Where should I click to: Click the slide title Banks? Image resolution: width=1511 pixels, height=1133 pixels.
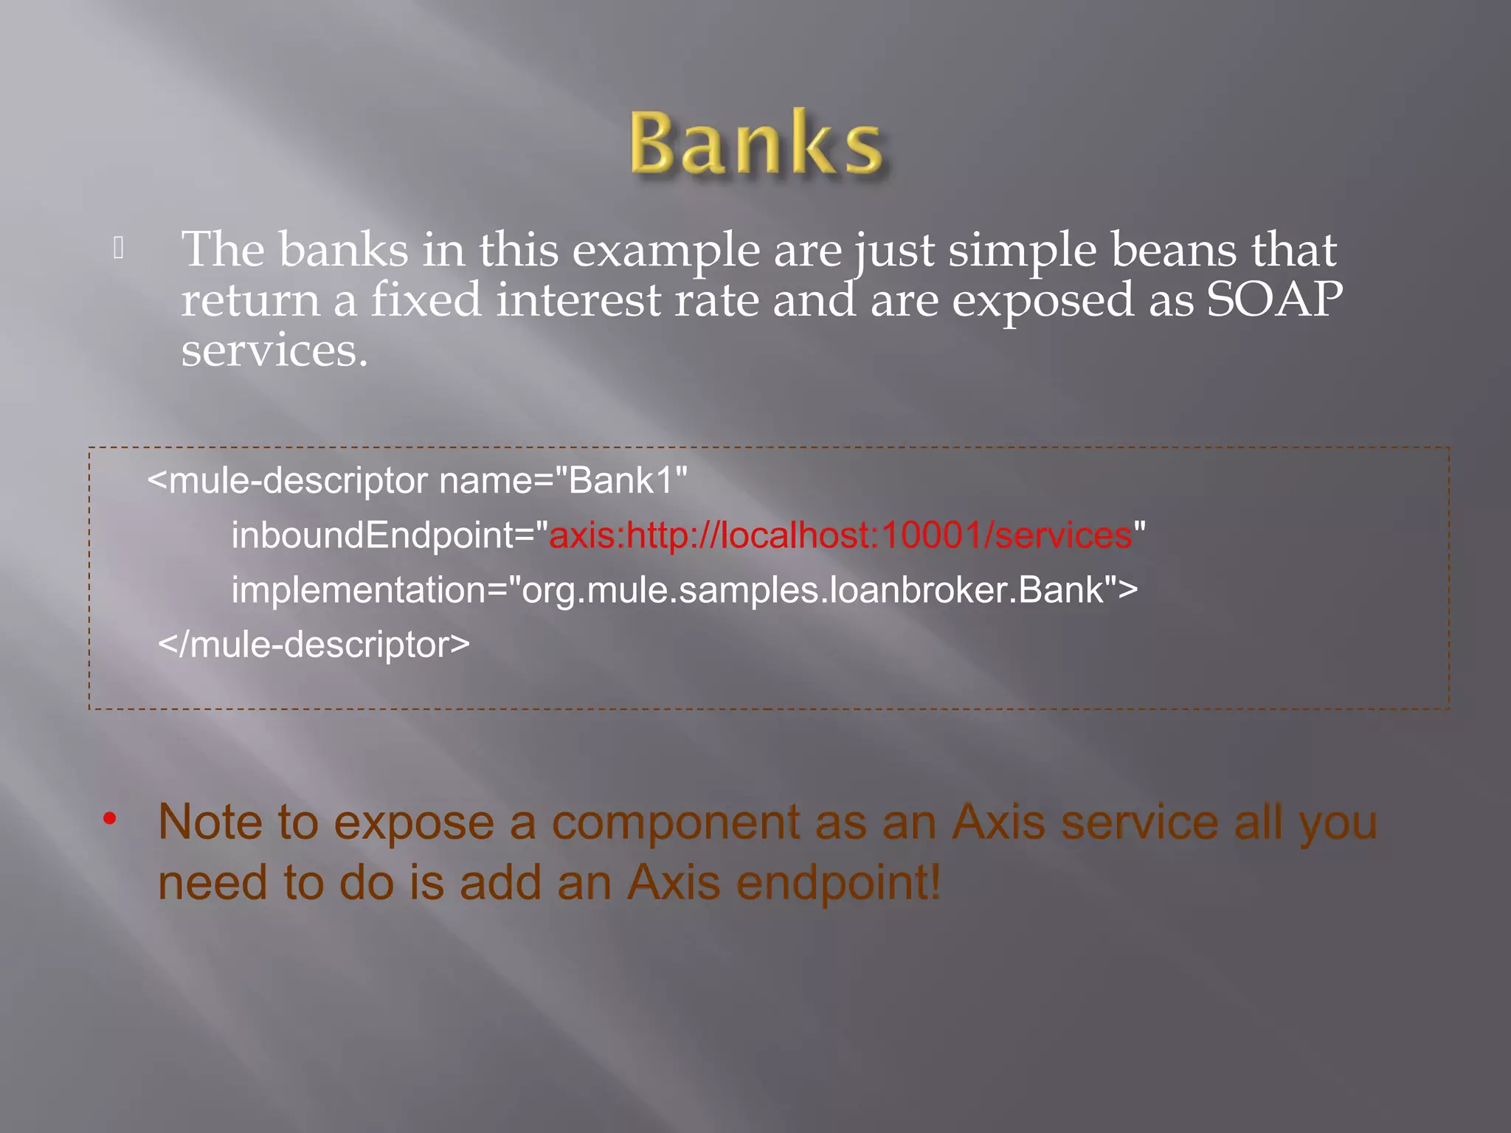click(x=755, y=144)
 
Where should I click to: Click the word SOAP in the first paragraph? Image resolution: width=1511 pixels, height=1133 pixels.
click(x=1274, y=300)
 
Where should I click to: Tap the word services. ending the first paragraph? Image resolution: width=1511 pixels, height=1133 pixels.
click(x=274, y=350)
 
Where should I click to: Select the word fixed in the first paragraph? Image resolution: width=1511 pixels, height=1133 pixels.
click(x=426, y=300)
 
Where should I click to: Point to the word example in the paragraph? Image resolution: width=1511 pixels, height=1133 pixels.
click(x=665, y=251)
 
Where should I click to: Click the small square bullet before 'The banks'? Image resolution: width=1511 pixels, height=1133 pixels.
click(x=118, y=249)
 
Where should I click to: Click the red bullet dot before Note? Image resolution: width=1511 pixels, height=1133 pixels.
click(x=110, y=818)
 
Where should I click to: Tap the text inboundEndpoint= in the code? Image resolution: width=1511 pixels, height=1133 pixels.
click(x=390, y=536)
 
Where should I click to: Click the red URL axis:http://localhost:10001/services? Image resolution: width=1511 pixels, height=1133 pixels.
click(x=840, y=536)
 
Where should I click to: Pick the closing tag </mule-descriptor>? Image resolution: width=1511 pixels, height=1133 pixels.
click(x=314, y=645)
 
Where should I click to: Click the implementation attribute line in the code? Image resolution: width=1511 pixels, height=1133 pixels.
click(x=684, y=590)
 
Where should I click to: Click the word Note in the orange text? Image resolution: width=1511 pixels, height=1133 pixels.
click(x=210, y=822)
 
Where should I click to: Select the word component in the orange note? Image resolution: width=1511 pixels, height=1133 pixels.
click(x=675, y=823)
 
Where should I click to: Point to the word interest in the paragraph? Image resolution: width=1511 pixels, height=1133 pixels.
click(x=578, y=300)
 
